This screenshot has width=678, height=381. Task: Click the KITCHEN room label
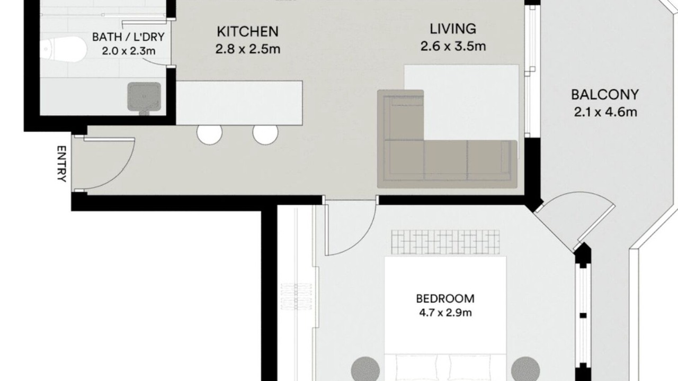pos(247,32)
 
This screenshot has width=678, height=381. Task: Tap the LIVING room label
pos(453,29)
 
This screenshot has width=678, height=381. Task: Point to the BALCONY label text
pos(605,95)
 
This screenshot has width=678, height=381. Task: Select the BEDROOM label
pos(445,299)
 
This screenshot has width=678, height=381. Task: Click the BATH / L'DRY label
pos(128,37)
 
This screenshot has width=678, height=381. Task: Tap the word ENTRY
pos(61,164)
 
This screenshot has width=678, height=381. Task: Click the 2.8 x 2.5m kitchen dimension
pos(247,49)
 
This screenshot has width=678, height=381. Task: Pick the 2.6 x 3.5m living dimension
pos(453,46)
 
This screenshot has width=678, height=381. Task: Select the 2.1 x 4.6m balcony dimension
pos(605,112)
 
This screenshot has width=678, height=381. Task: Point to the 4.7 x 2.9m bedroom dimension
pos(445,313)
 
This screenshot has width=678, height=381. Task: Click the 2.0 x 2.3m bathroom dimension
pos(129,51)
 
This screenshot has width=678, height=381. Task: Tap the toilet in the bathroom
pos(64,49)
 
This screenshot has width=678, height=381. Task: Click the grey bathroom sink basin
pos(144,97)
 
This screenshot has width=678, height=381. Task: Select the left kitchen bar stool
pos(209,135)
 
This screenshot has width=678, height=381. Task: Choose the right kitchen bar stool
pos(265,135)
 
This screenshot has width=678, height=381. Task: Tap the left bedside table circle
pos(365,369)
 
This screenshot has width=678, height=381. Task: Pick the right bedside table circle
pos(525,369)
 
